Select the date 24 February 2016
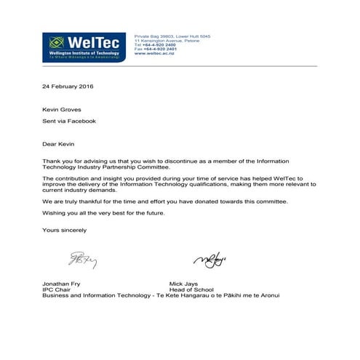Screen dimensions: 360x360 point(67,87)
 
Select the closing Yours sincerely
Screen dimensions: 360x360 point(64,231)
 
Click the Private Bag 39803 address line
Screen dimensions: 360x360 point(170,36)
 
